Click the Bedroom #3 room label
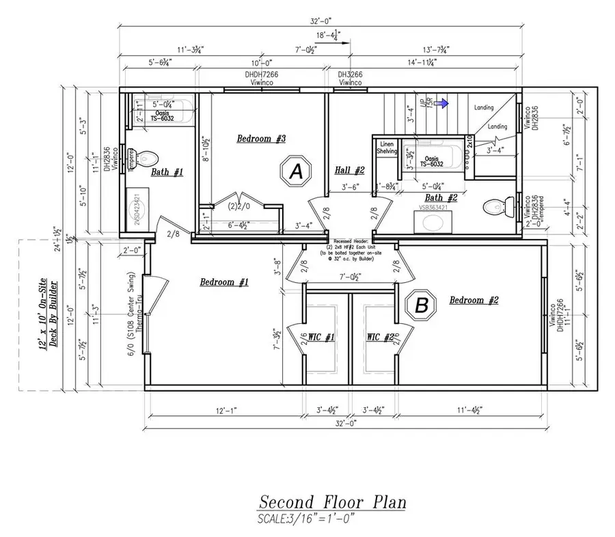coord(260,139)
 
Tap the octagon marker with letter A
coord(296,173)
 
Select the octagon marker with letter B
coord(422,306)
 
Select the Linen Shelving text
coord(387,148)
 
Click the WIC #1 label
coord(320,338)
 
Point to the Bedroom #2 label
coord(475,300)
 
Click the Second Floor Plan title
coord(332,502)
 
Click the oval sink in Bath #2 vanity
coord(433,222)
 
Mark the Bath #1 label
coord(167,173)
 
